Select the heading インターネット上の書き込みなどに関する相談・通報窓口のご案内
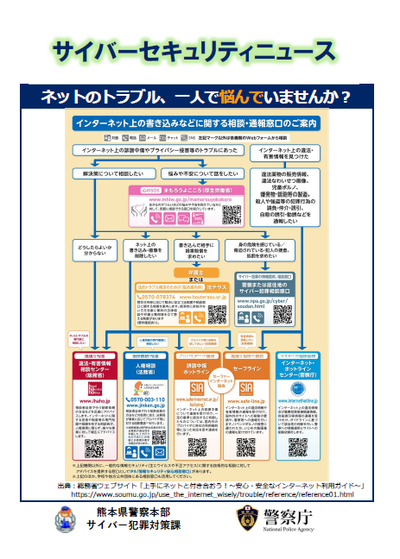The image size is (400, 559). click(x=199, y=124)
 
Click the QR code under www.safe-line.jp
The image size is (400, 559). click(x=246, y=445)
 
